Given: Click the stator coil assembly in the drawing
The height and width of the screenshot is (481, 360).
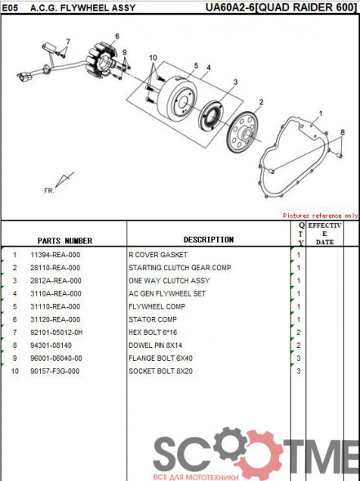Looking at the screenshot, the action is coord(100,60).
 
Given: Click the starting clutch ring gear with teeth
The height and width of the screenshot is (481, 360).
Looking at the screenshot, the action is coord(242,132).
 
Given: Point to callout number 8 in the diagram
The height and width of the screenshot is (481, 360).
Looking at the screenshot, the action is coord(343,132).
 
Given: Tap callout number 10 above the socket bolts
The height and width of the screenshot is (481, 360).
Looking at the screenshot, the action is coord(153,58).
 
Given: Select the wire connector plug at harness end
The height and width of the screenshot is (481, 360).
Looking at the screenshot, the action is coord(22,77).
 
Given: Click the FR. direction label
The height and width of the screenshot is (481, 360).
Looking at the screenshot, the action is coord(49,190).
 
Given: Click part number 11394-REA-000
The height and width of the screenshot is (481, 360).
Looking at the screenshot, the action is coord(56,255).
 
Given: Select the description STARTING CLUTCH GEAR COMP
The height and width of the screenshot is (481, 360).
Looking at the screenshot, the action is coord(180,268).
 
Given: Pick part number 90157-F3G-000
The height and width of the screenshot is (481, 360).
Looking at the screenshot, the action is coord(56,372).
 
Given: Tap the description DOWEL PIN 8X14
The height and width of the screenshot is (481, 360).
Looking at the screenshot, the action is coord(155,345).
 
